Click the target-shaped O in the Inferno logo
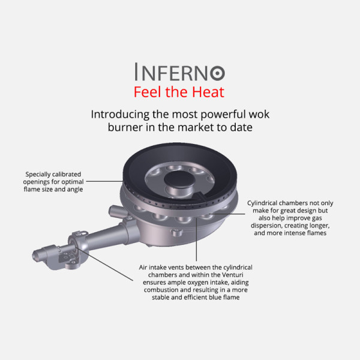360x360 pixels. tap(217, 73)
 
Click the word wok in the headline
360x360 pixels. tap(259, 115)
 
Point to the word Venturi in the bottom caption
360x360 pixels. tap(232, 275)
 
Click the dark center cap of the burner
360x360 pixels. tap(179, 178)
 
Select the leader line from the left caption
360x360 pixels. tap(104, 181)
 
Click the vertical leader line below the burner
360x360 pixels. tap(197, 239)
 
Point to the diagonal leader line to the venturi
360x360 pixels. tap(104, 264)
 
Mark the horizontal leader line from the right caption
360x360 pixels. tap(227, 214)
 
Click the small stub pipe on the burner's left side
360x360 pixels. tap(118, 212)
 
